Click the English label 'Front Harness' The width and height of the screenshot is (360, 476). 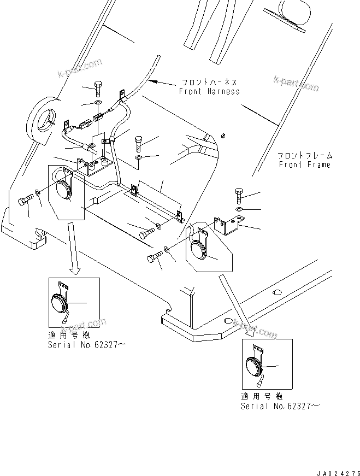(209, 92)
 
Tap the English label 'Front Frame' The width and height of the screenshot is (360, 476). (305, 164)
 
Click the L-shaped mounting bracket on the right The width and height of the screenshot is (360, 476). (229, 224)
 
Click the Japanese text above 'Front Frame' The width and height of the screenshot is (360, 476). (303, 156)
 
